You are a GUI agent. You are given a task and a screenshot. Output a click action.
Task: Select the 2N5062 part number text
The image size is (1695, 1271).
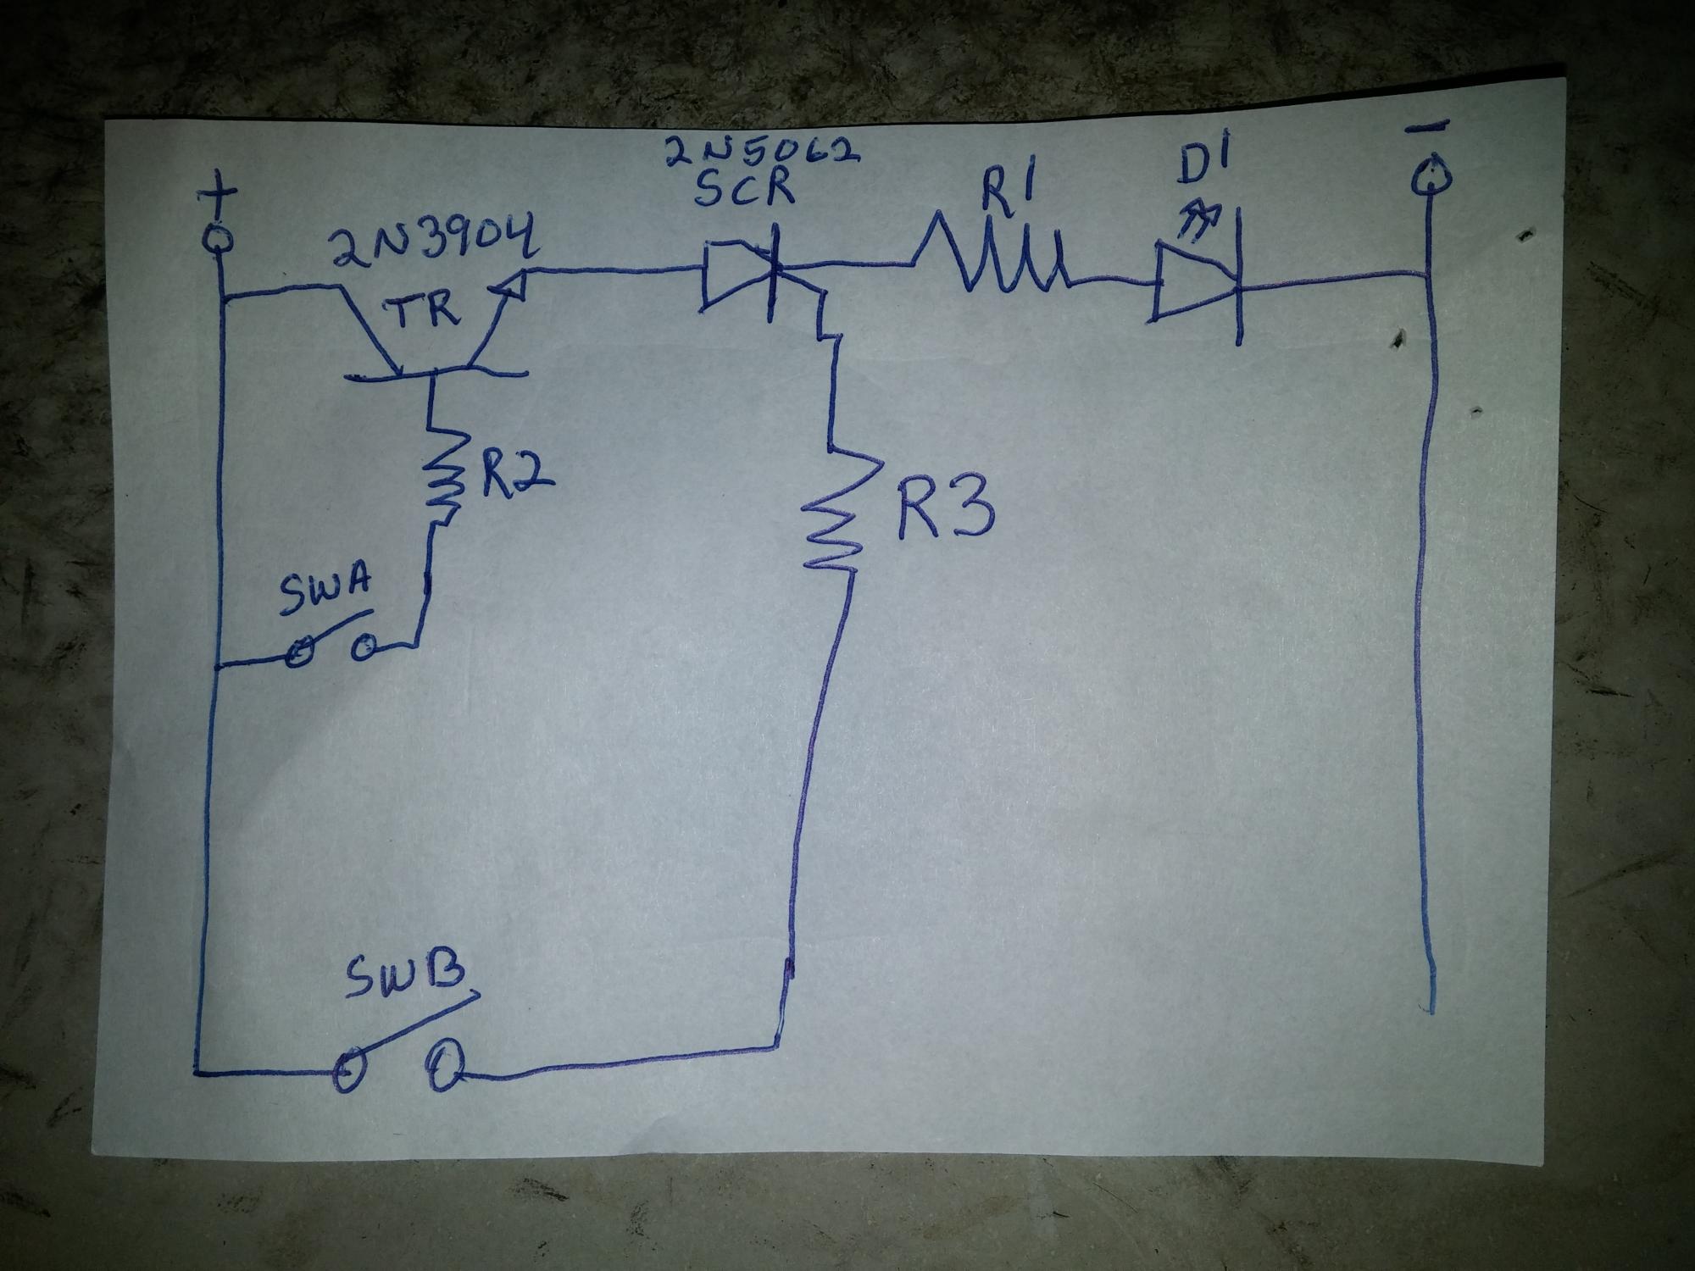761,153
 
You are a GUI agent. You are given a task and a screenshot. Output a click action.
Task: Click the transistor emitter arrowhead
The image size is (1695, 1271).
512,284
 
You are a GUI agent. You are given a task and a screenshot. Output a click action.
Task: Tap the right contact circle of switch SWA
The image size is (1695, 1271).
364,649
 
